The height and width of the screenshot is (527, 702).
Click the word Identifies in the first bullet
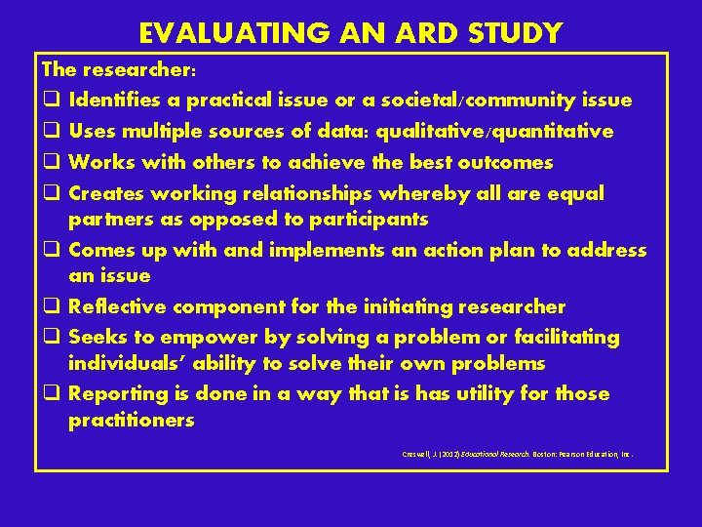click(x=117, y=101)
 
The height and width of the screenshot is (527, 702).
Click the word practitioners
click(x=132, y=422)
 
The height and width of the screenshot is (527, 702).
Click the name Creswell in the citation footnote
click(x=418, y=454)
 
